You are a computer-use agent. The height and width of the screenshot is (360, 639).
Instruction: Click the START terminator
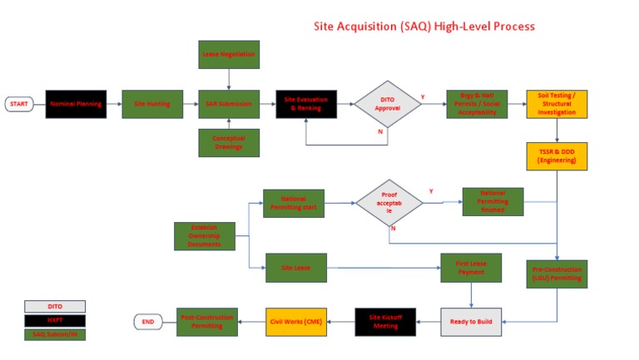pyautogui.click(x=19, y=104)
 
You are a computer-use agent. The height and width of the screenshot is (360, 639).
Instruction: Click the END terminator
pyautogui.click(x=148, y=321)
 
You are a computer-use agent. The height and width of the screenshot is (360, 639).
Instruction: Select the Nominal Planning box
pyautogui.click(x=76, y=104)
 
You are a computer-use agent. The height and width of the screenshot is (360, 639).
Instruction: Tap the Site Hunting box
pyautogui.click(x=152, y=104)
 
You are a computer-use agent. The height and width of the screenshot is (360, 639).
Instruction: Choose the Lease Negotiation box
pyautogui.click(x=229, y=54)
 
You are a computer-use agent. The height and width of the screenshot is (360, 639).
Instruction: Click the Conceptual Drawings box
pyautogui.click(x=229, y=142)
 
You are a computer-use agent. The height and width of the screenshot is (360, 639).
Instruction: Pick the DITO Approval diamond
pyautogui.click(x=388, y=104)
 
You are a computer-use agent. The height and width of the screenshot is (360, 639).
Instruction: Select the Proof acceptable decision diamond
pyautogui.click(x=389, y=205)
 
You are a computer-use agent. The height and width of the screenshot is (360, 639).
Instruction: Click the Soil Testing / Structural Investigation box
pyautogui.click(x=557, y=104)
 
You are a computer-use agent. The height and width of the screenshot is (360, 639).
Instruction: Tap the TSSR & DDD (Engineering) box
pyautogui.click(x=557, y=156)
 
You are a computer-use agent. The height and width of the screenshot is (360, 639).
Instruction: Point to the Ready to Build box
pyautogui.click(x=471, y=321)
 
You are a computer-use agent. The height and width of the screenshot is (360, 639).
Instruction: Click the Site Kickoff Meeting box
pyautogui.click(x=386, y=321)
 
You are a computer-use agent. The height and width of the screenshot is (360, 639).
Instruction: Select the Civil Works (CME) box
pyautogui.click(x=296, y=321)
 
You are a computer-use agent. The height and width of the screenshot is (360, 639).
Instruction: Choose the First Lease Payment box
pyautogui.click(x=471, y=268)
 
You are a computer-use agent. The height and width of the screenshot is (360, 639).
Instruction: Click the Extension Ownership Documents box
pyautogui.click(x=205, y=236)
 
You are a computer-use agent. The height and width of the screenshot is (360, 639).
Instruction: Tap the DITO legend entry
pyautogui.click(x=54, y=306)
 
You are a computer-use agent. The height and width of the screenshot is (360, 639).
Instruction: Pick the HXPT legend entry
pyautogui.click(x=54, y=320)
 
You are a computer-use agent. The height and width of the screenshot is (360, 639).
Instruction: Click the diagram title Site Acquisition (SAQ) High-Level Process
pyautogui.click(x=424, y=27)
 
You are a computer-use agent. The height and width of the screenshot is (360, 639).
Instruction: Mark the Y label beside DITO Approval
pyautogui.click(x=422, y=97)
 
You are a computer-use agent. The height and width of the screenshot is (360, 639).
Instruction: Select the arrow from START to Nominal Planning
pyautogui.click(x=39, y=104)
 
